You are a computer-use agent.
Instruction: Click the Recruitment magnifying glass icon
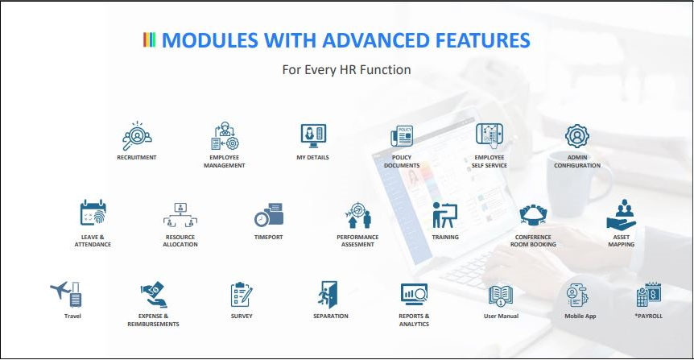137,136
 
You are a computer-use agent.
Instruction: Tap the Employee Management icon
225,136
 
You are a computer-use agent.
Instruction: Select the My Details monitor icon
313,136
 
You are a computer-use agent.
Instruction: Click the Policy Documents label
402,161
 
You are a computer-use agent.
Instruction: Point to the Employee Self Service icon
490,136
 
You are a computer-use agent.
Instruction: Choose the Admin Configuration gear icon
577,136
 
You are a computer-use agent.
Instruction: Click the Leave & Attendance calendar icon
93,213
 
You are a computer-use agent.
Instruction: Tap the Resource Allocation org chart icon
180,215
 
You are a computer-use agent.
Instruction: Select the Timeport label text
269,238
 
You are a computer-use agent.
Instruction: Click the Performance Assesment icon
357,215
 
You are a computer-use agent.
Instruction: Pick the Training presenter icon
444,215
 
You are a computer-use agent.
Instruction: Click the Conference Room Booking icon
533,215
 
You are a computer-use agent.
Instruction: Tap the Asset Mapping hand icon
622,215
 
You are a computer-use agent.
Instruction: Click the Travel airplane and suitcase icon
66,294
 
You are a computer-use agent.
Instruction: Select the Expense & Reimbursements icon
154,295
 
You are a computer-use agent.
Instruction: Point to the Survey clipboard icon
242,295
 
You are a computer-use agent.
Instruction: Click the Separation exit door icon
328,295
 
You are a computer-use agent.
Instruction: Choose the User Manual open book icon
501,296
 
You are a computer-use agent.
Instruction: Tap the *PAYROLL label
649,317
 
